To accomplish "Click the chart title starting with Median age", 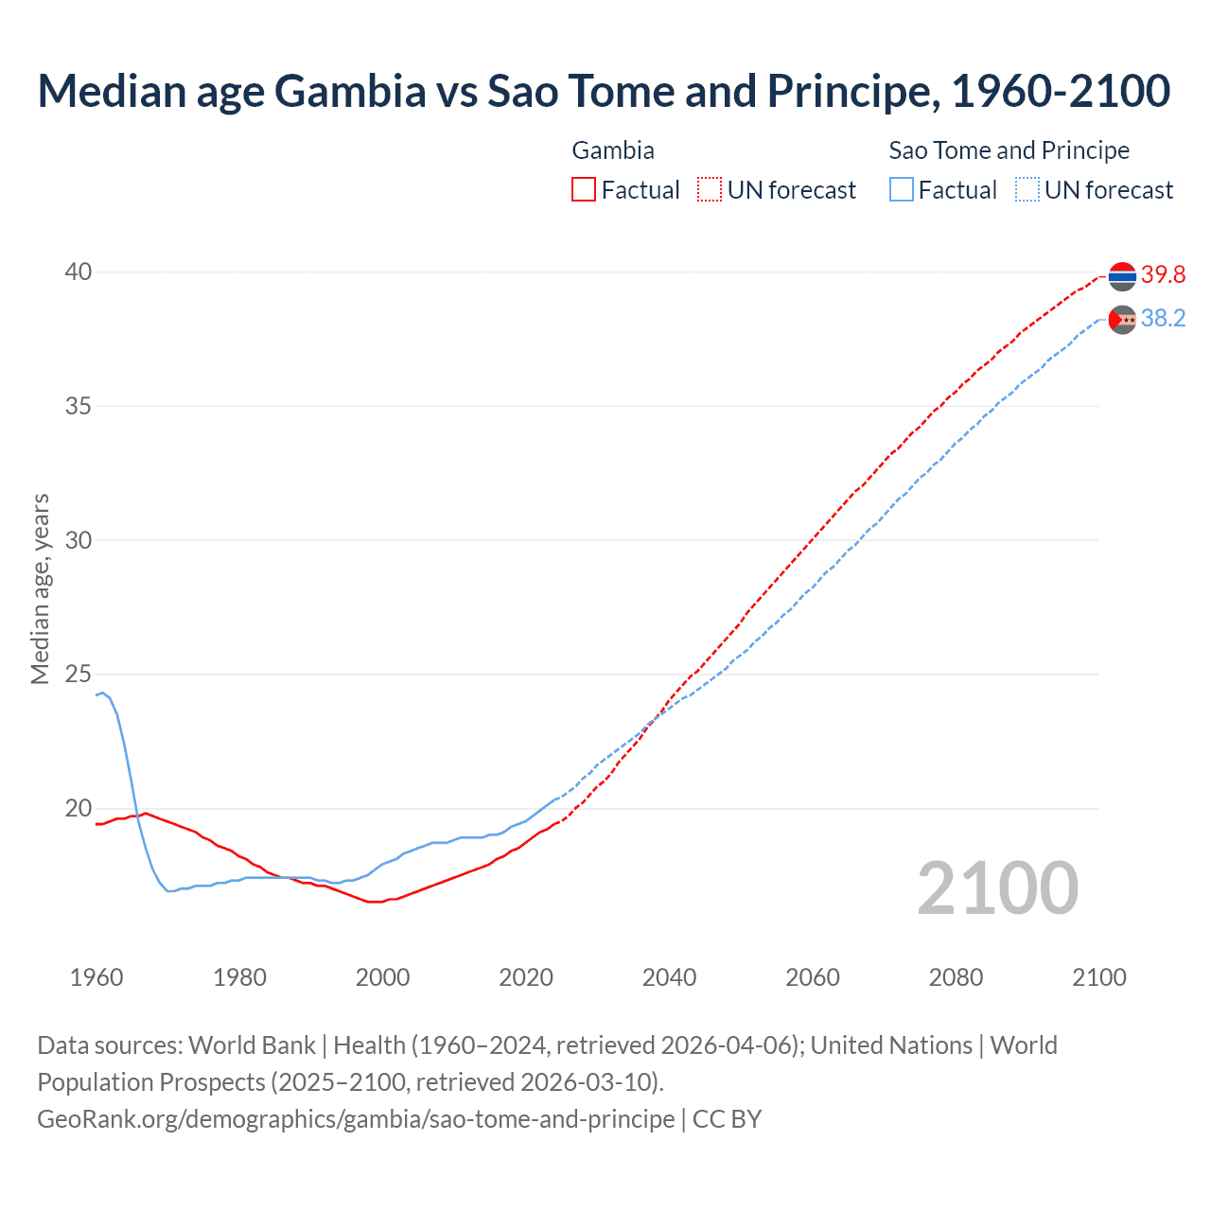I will [x=604, y=92].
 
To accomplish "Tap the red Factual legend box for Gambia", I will [x=584, y=190].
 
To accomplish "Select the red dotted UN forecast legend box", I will [x=710, y=190].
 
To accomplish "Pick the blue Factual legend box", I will [x=902, y=190].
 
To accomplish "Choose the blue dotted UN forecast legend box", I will [x=1027, y=190].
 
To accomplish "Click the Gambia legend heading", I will [x=613, y=150].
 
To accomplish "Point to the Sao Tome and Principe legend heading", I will [x=1009, y=150].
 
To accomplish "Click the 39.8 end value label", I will [x=1163, y=275].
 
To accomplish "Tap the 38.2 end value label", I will [x=1163, y=319].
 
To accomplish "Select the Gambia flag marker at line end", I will [x=1122, y=276].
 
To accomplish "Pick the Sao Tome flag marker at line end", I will [x=1122, y=320].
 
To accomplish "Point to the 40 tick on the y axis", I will [x=79, y=272].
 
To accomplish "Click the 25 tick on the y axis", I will [x=79, y=675].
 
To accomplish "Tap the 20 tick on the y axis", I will [x=79, y=809].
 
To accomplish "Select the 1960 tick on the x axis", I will [x=97, y=977].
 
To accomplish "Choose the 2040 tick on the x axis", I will [x=669, y=977].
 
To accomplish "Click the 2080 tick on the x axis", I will [x=956, y=977].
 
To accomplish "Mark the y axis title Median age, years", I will [x=41, y=588].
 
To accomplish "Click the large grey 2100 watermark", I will [x=997, y=887].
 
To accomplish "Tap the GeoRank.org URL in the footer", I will [x=356, y=1119].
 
